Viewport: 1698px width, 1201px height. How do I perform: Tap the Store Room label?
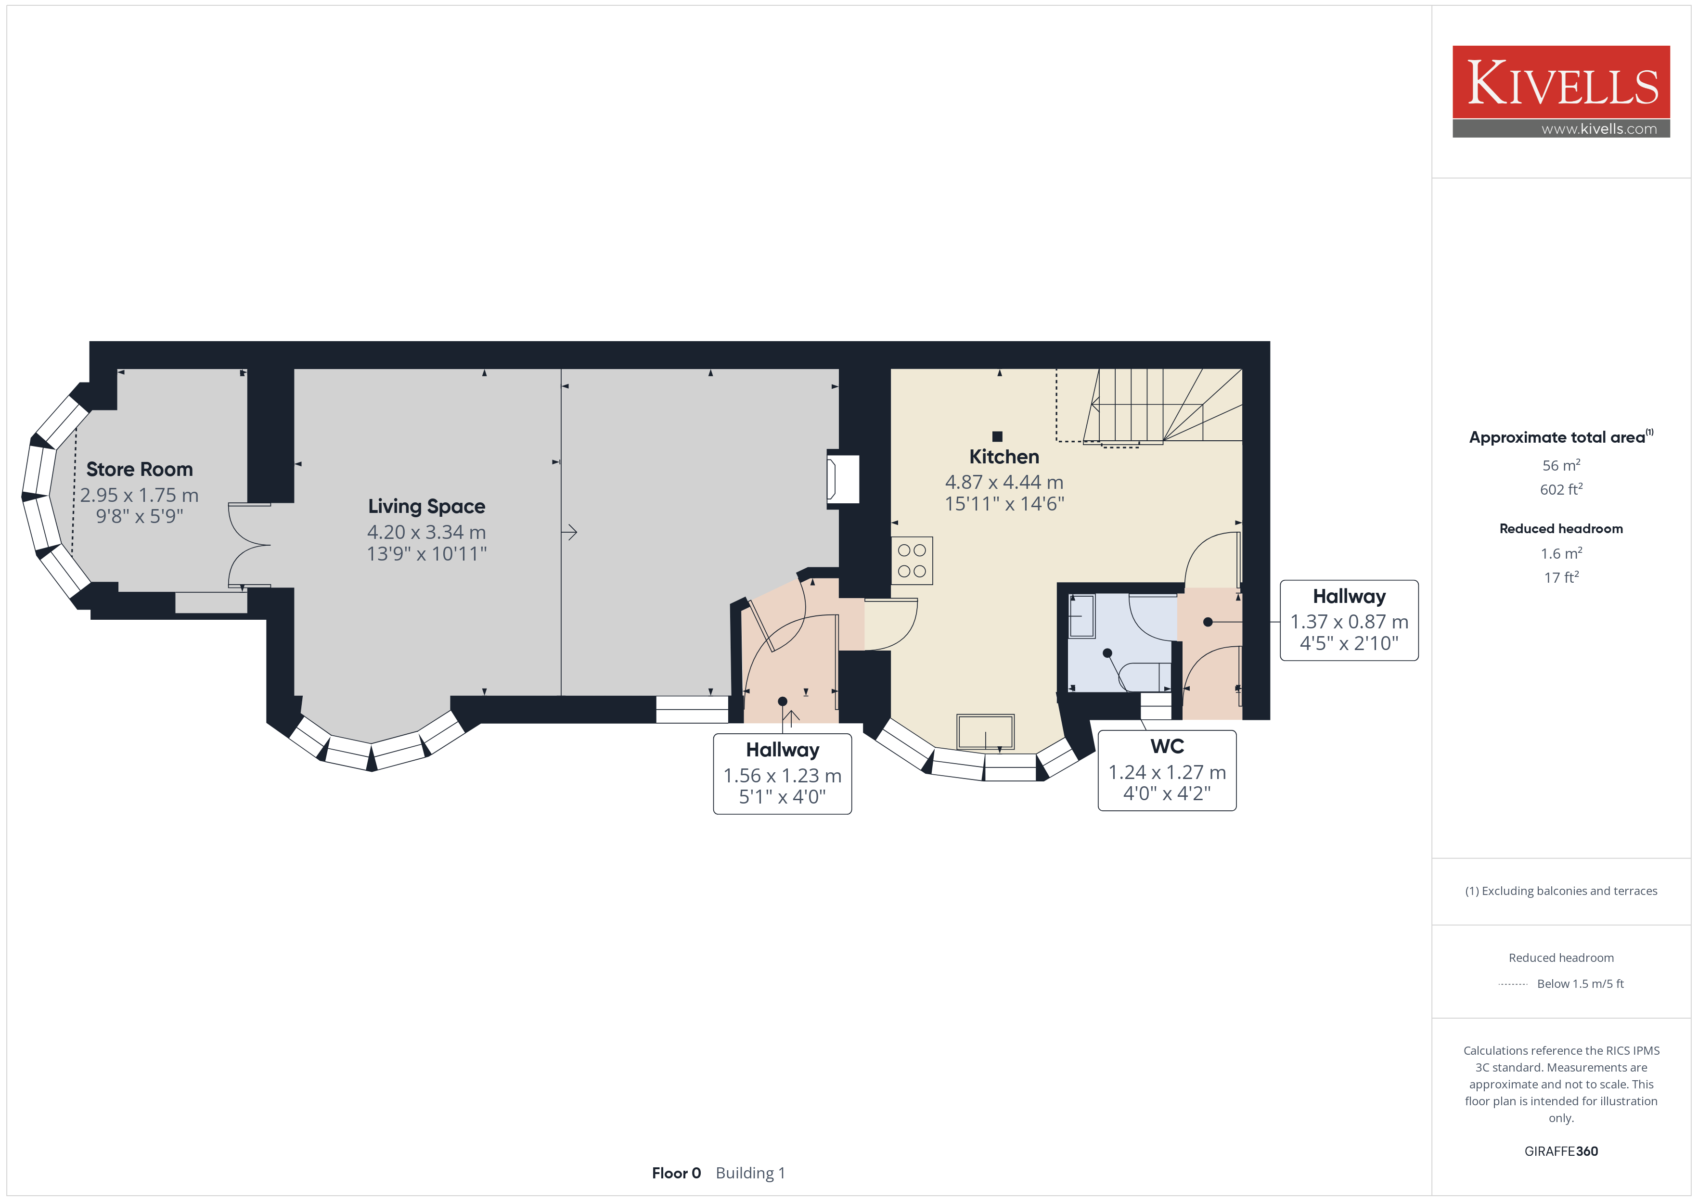click(x=139, y=470)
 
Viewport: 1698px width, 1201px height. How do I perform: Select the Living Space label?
click(x=427, y=507)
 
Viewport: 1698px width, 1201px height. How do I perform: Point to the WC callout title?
click(x=1167, y=746)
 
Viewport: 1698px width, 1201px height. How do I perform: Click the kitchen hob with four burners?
click(x=912, y=561)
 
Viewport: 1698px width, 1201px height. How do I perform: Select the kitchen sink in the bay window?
click(x=985, y=732)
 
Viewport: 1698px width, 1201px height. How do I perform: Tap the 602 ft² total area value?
click(x=1561, y=489)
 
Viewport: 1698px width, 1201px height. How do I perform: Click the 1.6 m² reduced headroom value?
click(x=1561, y=553)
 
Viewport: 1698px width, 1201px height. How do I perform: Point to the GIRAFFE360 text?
click(x=1561, y=1151)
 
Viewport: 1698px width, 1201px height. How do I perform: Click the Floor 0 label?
click(x=676, y=1174)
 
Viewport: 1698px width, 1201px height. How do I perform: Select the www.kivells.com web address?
click(x=1599, y=128)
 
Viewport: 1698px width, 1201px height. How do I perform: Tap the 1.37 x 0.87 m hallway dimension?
click(x=1349, y=622)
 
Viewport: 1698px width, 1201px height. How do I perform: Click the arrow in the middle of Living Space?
click(x=569, y=532)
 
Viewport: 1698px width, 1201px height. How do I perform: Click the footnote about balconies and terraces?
click(x=1561, y=891)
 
